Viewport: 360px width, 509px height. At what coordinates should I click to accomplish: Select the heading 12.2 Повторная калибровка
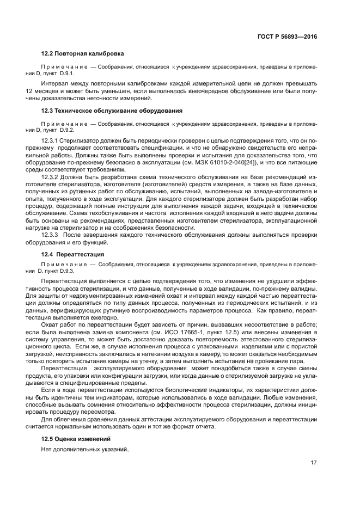(83, 54)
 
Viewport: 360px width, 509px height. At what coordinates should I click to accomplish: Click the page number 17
(314, 463)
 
